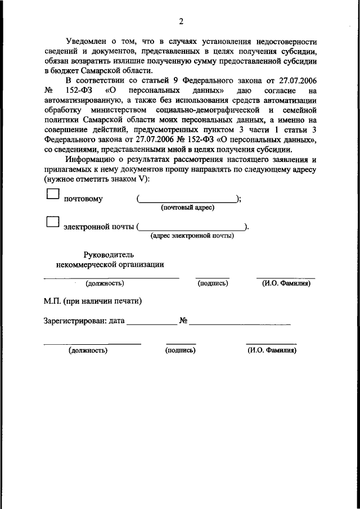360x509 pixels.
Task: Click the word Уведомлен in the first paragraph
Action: tap(85, 42)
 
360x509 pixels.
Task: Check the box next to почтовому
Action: tap(52, 194)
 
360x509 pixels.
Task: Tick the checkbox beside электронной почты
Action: tap(52, 222)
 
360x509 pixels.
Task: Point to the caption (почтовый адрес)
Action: tap(188, 208)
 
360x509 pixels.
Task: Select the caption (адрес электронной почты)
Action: tap(192, 236)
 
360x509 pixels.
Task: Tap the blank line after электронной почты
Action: tap(191, 227)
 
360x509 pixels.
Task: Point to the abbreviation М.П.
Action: tap(53, 301)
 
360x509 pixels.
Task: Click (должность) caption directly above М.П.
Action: tap(105, 284)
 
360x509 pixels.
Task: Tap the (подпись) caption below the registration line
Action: tap(181, 350)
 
